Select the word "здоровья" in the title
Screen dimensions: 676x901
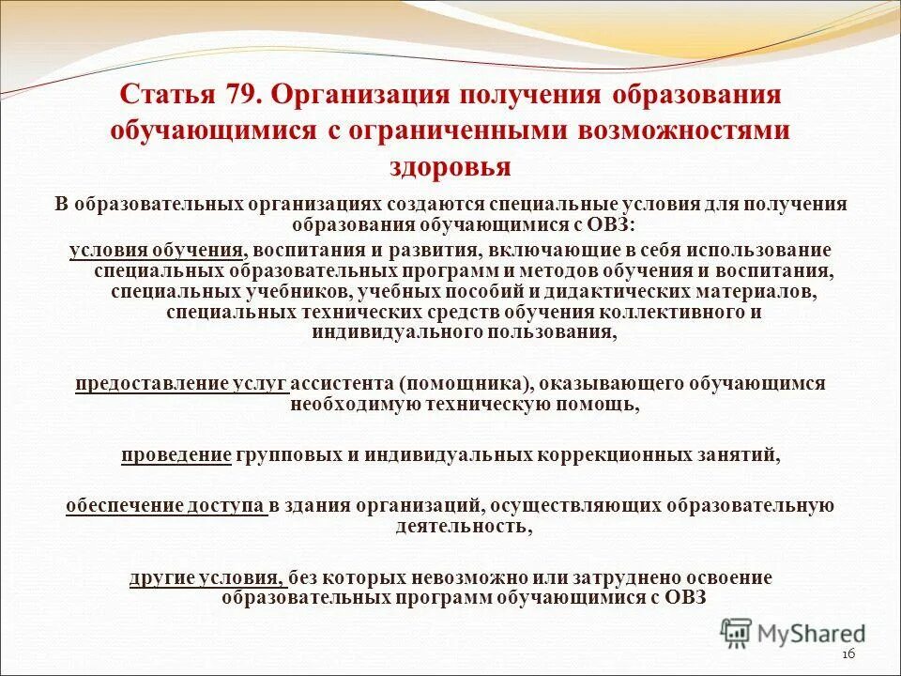(450, 166)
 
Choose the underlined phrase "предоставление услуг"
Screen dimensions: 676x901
(181, 383)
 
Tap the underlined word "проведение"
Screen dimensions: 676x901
(176, 455)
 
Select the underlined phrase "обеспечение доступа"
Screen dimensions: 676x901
(166, 505)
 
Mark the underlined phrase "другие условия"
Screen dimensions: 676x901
(206, 577)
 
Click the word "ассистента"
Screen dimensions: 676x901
(341, 383)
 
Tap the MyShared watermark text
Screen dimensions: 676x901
(813, 634)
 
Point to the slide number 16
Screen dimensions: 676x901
(850, 654)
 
